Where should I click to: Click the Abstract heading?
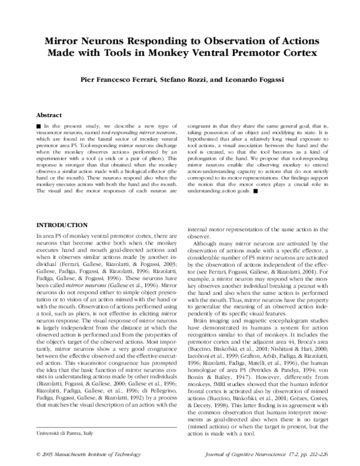pos(50,113)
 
